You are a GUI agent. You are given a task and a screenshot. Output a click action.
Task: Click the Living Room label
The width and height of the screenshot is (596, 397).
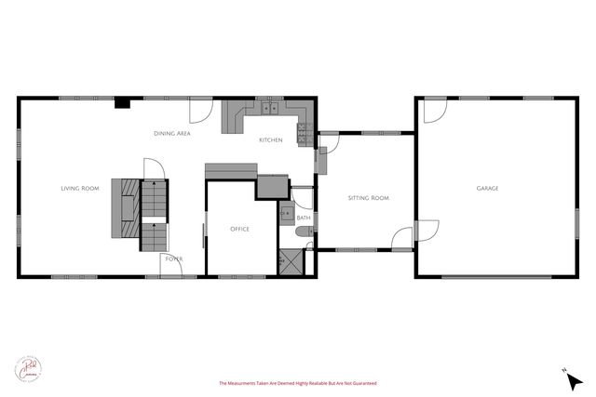pyautogui.click(x=80, y=189)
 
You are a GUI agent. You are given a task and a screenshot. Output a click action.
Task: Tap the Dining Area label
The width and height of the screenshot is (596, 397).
pyautogui.click(x=172, y=135)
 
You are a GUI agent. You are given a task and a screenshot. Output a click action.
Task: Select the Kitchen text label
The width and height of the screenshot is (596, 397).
pyautogui.click(x=270, y=140)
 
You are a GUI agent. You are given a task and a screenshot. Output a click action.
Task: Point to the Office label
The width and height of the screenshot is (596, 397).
pyautogui.click(x=239, y=229)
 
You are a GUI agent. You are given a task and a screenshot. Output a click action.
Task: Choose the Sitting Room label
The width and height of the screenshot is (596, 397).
pyautogui.click(x=367, y=198)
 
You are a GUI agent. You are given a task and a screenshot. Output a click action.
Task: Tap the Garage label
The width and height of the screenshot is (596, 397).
pyautogui.click(x=487, y=189)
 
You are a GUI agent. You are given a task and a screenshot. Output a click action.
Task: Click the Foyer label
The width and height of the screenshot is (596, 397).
pyautogui.click(x=173, y=258)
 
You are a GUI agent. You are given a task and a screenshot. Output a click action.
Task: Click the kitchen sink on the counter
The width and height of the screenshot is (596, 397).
pyautogui.click(x=270, y=110)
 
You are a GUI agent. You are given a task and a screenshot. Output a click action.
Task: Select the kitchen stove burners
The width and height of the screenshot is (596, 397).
pyautogui.click(x=303, y=134)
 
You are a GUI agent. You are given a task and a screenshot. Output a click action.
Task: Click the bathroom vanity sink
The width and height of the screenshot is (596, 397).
pyautogui.click(x=286, y=211)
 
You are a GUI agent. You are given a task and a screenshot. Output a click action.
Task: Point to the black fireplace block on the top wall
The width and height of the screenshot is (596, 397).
pyautogui.click(x=122, y=103)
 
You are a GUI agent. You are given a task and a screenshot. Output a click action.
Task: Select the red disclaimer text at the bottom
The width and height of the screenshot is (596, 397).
pyautogui.click(x=297, y=383)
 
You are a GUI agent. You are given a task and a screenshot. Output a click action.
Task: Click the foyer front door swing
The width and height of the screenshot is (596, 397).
pyautogui.click(x=171, y=264)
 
